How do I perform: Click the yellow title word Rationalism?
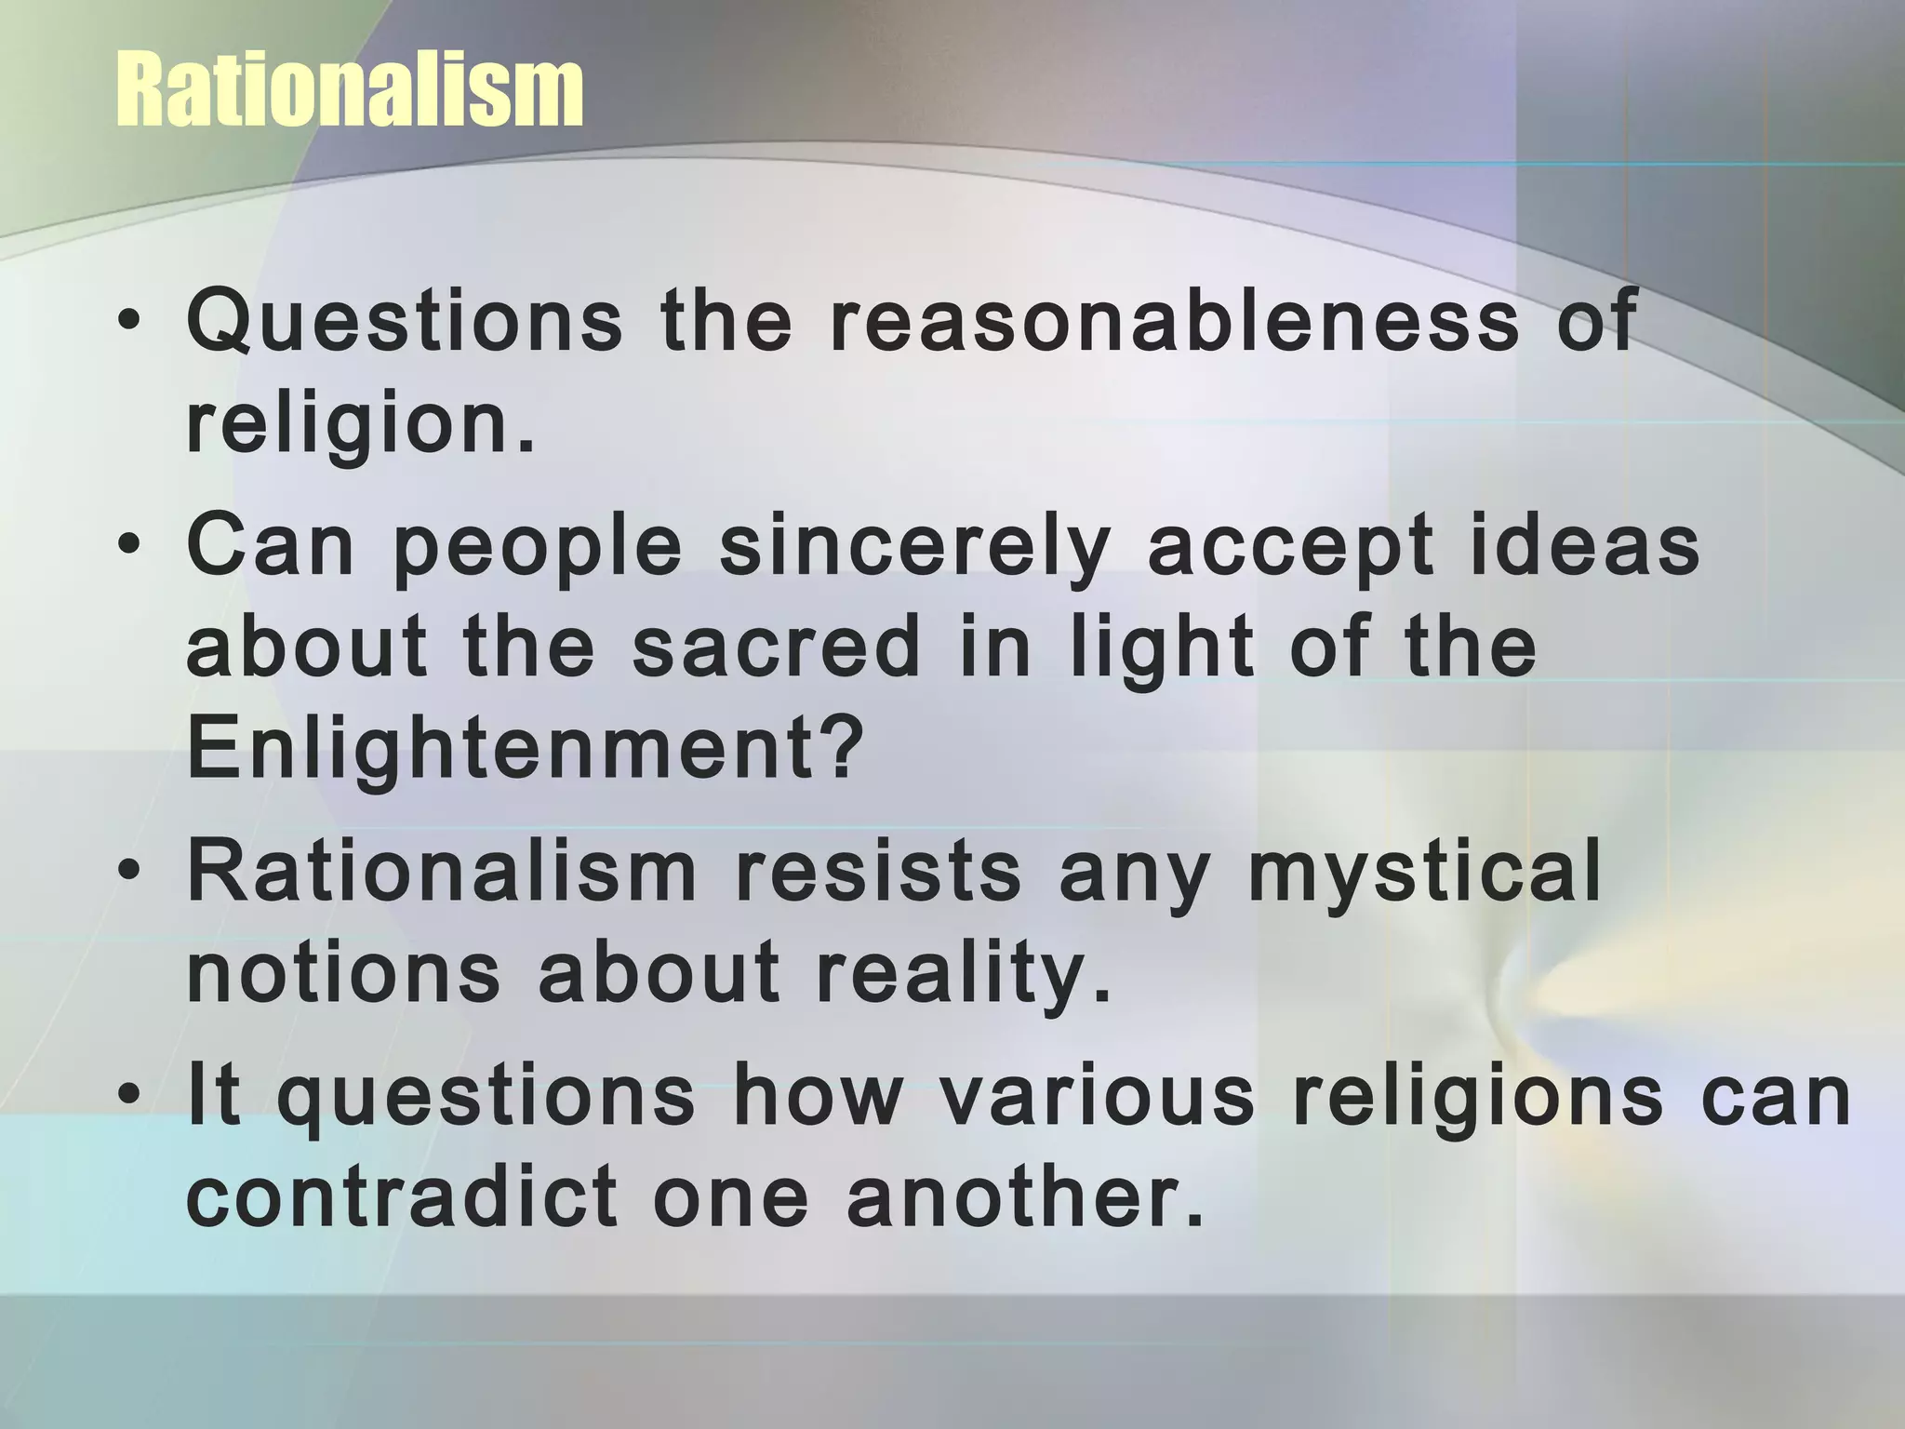click(350, 91)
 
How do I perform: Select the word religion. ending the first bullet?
click(361, 426)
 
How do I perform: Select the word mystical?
click(1424, 875)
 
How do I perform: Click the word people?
click(539, 549)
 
